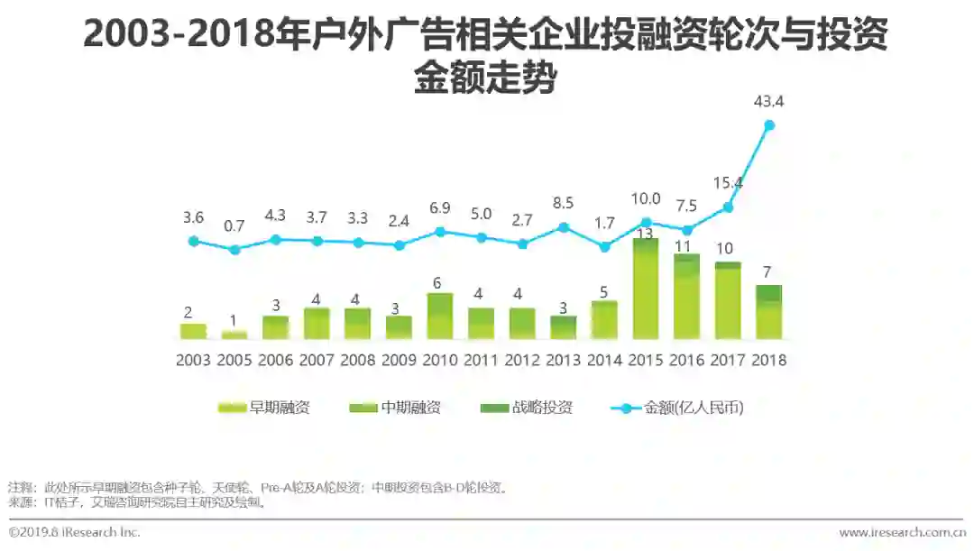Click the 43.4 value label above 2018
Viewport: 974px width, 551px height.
tap(768, 102)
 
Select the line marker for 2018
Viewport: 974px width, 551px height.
tap(769, 125)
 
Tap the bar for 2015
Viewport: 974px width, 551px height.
tap(646, 289)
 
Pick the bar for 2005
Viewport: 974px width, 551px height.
tap(234, 335)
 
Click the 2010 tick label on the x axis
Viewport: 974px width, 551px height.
tap(440, 360)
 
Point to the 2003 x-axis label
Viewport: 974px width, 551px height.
tap(193, 360)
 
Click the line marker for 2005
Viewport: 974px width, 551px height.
tap(234, 250)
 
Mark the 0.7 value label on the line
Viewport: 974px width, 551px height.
tap(234, 225)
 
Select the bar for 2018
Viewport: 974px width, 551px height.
tap(768, 312)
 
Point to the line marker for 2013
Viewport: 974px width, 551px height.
tap(564, 227)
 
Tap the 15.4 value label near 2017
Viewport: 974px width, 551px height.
tap(727, 184)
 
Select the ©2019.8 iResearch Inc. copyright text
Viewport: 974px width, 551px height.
tap(75, 533)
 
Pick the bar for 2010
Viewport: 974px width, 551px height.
tap(440, 317)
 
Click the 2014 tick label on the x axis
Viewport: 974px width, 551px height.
tap(604, 360)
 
